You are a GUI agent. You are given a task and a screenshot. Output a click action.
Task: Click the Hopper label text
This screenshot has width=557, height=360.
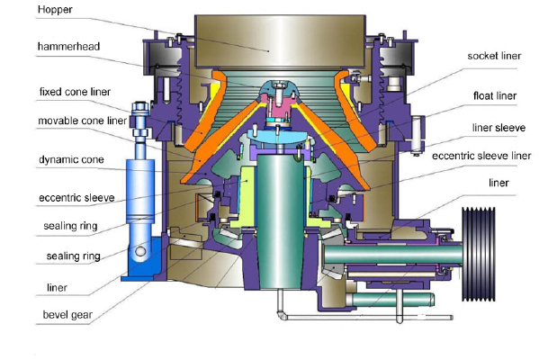55,10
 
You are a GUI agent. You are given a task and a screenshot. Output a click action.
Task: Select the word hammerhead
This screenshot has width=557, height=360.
68,47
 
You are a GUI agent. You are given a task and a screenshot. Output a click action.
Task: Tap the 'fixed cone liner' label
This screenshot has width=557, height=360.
75,92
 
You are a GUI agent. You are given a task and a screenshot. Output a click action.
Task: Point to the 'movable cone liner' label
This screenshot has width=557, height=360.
82,121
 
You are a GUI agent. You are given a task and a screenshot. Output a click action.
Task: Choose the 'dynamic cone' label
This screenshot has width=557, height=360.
71,160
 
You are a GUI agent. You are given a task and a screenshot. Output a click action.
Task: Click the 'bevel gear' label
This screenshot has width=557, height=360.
67,315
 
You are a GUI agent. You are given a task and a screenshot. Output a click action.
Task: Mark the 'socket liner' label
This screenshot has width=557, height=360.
494,56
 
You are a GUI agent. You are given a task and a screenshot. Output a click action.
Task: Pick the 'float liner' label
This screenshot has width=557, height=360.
495,96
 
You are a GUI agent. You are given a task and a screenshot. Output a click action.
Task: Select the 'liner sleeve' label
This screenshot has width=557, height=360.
499,128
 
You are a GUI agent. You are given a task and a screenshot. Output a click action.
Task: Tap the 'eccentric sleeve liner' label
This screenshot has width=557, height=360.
481,156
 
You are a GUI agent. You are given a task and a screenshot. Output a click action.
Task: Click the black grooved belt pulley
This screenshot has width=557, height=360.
479,254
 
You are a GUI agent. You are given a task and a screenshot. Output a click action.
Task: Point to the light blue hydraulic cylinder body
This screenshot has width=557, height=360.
140,191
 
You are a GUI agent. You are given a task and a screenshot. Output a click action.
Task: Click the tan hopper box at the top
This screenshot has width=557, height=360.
280,41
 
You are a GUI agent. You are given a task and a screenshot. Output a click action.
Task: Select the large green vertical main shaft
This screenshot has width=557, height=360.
281,220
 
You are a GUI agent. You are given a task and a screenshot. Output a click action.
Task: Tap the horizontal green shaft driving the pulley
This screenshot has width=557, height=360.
392,255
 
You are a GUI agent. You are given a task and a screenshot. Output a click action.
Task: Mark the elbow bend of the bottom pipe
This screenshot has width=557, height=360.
282,315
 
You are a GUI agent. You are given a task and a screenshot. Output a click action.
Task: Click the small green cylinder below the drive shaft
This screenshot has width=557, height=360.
390,300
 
